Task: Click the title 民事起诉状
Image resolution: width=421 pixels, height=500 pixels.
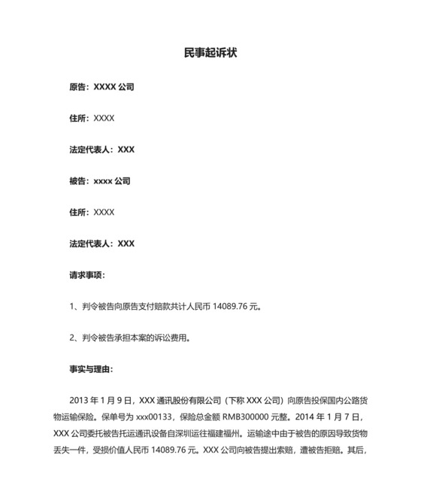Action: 210,53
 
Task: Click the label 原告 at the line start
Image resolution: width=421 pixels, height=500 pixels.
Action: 79,87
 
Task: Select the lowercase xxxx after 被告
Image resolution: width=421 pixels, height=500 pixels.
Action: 102,181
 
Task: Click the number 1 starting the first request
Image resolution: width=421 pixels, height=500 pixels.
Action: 71,307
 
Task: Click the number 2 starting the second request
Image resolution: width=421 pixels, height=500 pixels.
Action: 71,338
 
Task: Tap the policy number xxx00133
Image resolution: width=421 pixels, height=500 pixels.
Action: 153,417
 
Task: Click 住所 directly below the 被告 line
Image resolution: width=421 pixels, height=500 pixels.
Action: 79,213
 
